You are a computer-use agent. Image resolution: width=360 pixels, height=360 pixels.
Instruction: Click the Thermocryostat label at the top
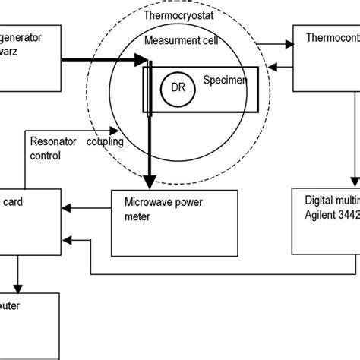[x=179, y=16]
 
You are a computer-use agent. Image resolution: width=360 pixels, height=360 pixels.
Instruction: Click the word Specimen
[x=226, y=79]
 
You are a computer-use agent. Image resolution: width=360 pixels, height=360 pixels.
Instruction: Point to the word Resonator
[x=54, y=140]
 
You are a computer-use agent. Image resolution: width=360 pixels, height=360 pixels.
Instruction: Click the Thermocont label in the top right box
[x=331, y=37]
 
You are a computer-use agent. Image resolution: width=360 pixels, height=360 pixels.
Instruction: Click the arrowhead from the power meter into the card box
[x=68, y=204]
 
